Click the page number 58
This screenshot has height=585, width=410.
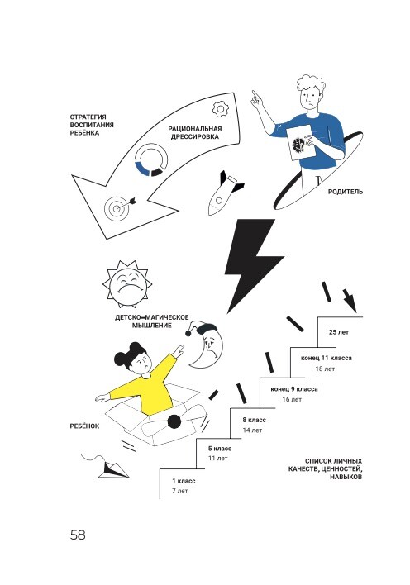tap(78, 535)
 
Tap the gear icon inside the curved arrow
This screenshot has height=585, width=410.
tap(221, 109)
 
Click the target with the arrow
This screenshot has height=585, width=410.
tap(120, 207)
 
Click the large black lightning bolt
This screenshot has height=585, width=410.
tap(253, 263)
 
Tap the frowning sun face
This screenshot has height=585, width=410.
tap(127, 282)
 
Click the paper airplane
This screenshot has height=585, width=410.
tap(113, 469)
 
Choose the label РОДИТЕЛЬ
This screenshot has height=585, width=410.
tap(345, 192)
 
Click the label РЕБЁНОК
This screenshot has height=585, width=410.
tap(85, 426)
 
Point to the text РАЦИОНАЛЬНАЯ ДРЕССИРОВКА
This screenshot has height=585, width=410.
tap(195, 132)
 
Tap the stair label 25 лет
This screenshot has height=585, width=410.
tap(339, 332)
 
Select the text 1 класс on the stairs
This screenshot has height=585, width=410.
tap(184, 481)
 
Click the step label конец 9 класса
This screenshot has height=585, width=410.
tap(294, 389)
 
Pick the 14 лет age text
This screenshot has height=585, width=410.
tap(252, 430)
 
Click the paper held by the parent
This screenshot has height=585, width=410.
tap(301, 142)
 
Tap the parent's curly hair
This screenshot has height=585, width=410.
tap(312, 84)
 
